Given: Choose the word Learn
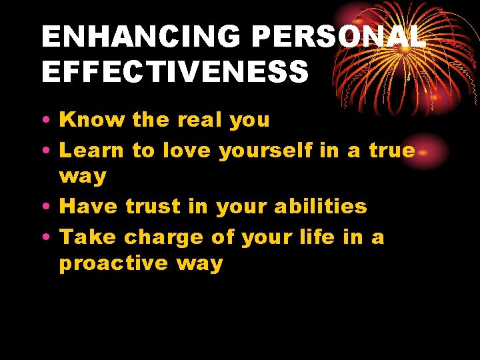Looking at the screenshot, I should pyautogui.click(x=92, y=151).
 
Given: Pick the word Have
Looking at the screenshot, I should pyautogui.click(x=88, y=207).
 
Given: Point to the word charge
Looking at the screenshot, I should pyautogui.click(x=164, y=238).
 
